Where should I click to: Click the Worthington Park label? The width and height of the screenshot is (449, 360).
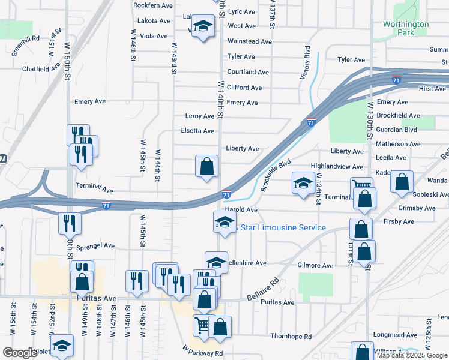406,28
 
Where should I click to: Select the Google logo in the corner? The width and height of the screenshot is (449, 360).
20,353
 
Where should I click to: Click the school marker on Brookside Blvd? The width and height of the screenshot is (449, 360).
303,182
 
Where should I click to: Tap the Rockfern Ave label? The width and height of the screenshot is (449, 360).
153,5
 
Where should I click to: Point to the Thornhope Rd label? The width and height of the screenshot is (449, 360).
291,337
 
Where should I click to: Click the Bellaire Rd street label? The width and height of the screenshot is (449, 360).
264,290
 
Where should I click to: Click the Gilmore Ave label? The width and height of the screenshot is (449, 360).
315,265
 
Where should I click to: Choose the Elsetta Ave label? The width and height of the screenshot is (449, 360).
197,131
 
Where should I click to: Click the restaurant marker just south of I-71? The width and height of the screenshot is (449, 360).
70,223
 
